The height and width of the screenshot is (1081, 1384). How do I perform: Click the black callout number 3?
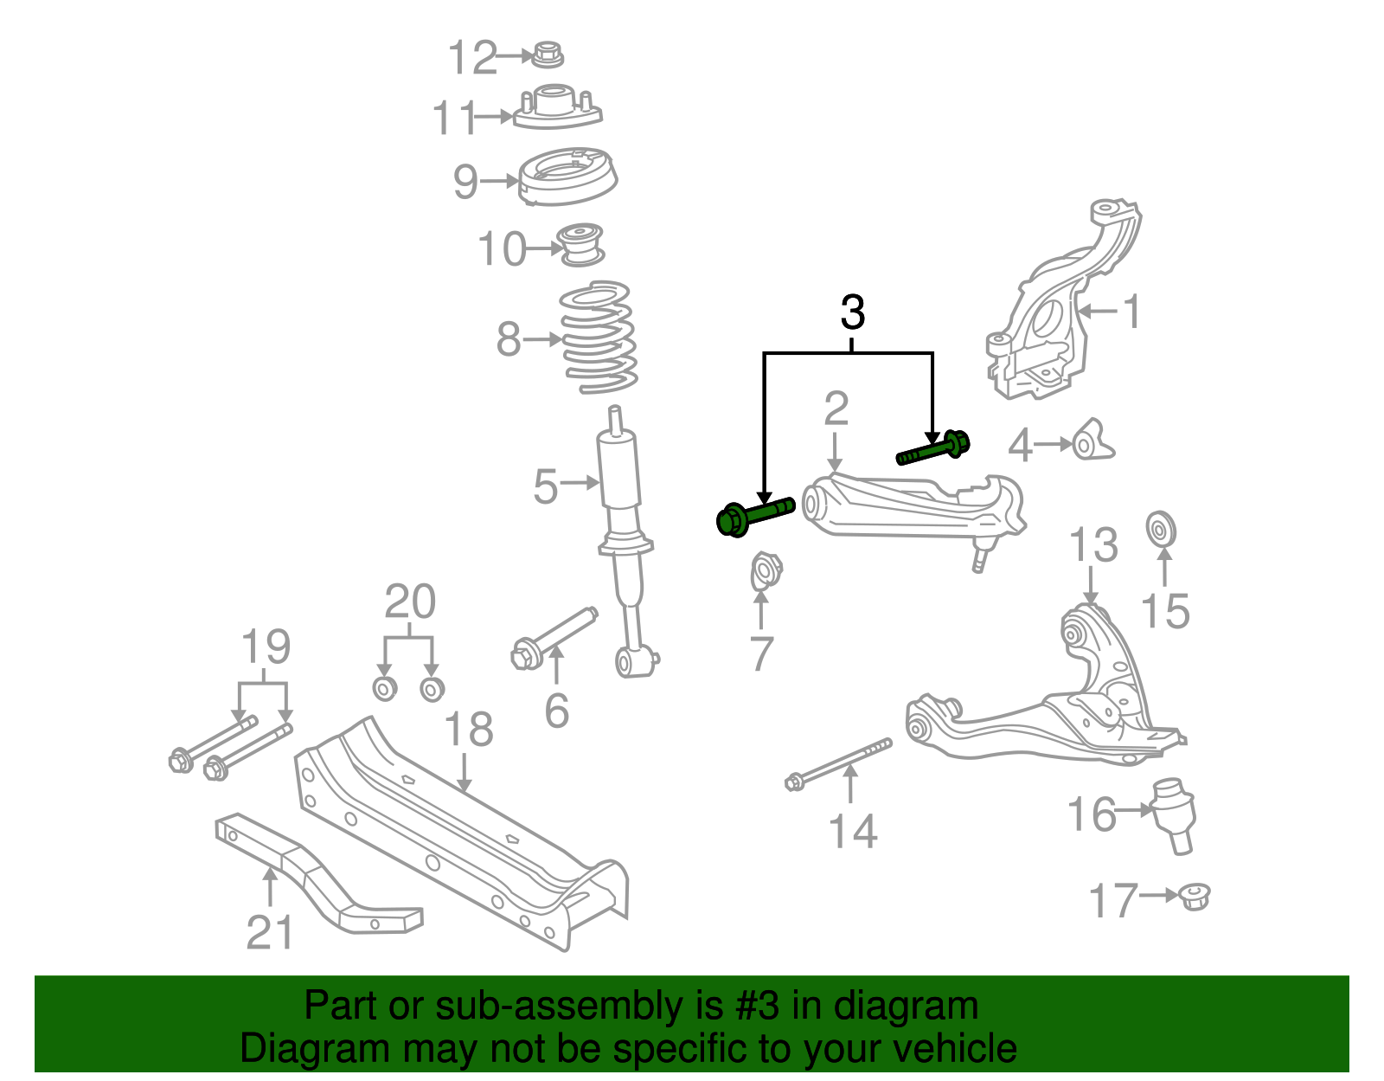coord(852,312)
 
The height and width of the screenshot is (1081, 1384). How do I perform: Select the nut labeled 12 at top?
coord(548,54)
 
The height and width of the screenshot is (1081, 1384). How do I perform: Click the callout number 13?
coord(1093,545)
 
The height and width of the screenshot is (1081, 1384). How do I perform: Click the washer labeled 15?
coord(1161,529)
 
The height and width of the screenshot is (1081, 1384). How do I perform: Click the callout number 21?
coord(270,932)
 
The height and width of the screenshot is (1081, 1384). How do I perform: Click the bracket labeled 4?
coord(1092,441)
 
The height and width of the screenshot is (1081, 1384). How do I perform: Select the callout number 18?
coord(469,730)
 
